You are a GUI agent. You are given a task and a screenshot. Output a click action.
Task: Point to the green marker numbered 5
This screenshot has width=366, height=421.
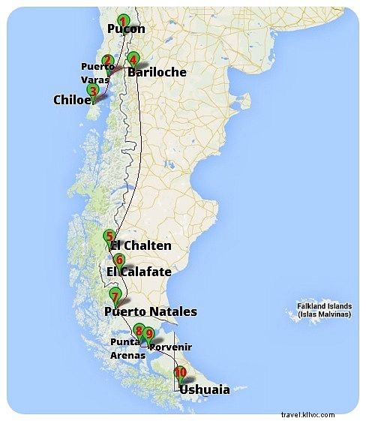pyautogui.click(x=109, y=235)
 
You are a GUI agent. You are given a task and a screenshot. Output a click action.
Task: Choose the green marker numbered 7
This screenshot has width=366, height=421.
pyautogui.click(x=114, y=294)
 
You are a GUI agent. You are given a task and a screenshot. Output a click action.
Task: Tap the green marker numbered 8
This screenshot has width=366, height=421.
pyautogui.click(x=139, y=330)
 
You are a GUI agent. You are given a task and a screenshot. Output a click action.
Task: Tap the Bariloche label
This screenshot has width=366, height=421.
pyautogui.click(x=157, y=73)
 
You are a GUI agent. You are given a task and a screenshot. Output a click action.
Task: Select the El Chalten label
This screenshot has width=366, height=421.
pyautogui.click(x=141, y=246)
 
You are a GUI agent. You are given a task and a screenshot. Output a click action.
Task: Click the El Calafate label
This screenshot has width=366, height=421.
pyautogui.click(x=139, y=272)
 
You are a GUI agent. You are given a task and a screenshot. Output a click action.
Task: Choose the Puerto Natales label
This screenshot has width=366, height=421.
pyautogui.click(x=151, y=311)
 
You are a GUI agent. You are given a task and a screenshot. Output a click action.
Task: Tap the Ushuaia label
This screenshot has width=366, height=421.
pyautogui.click(x=205, y=389)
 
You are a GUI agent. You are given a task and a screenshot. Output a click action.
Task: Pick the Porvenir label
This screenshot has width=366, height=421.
pyautogui.click(x=171, y=347)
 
